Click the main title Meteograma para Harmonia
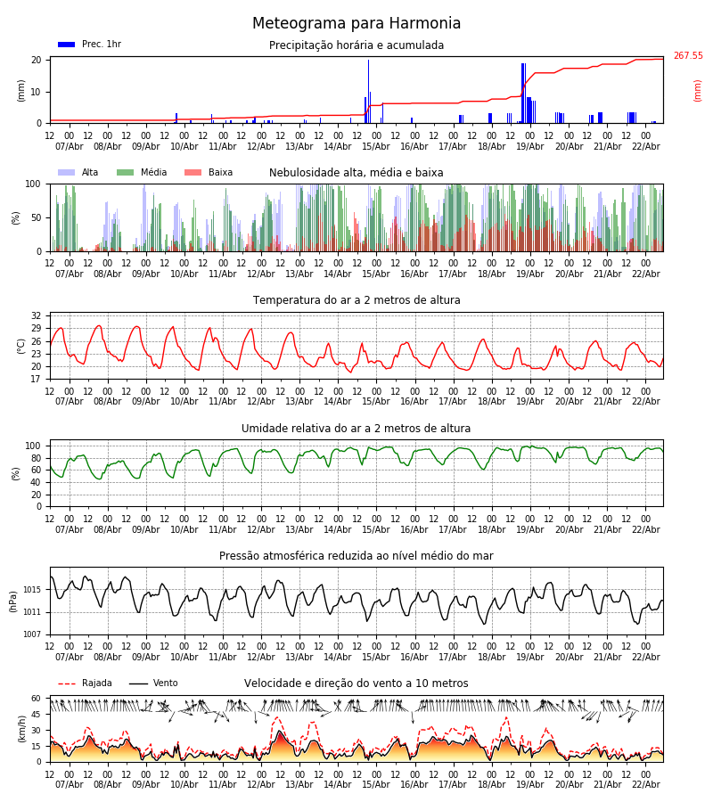[x=356, y=24]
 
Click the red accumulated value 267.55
[x=687, y=56]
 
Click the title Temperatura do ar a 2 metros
[x=356, y=300]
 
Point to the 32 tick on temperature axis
[x=36, y=316]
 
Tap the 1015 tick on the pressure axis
[x=31, y=590]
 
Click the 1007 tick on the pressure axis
[x=31, y=634]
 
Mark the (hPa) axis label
[x=12, y=601]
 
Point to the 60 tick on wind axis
[x=36, y=699]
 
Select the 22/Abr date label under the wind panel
[x=645, y=784]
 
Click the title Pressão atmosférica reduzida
[x=356, y=556]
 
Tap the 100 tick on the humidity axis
[x=33, y=446]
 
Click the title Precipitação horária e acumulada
[x=356, y=45]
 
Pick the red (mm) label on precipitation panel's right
[x=698, y=90]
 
